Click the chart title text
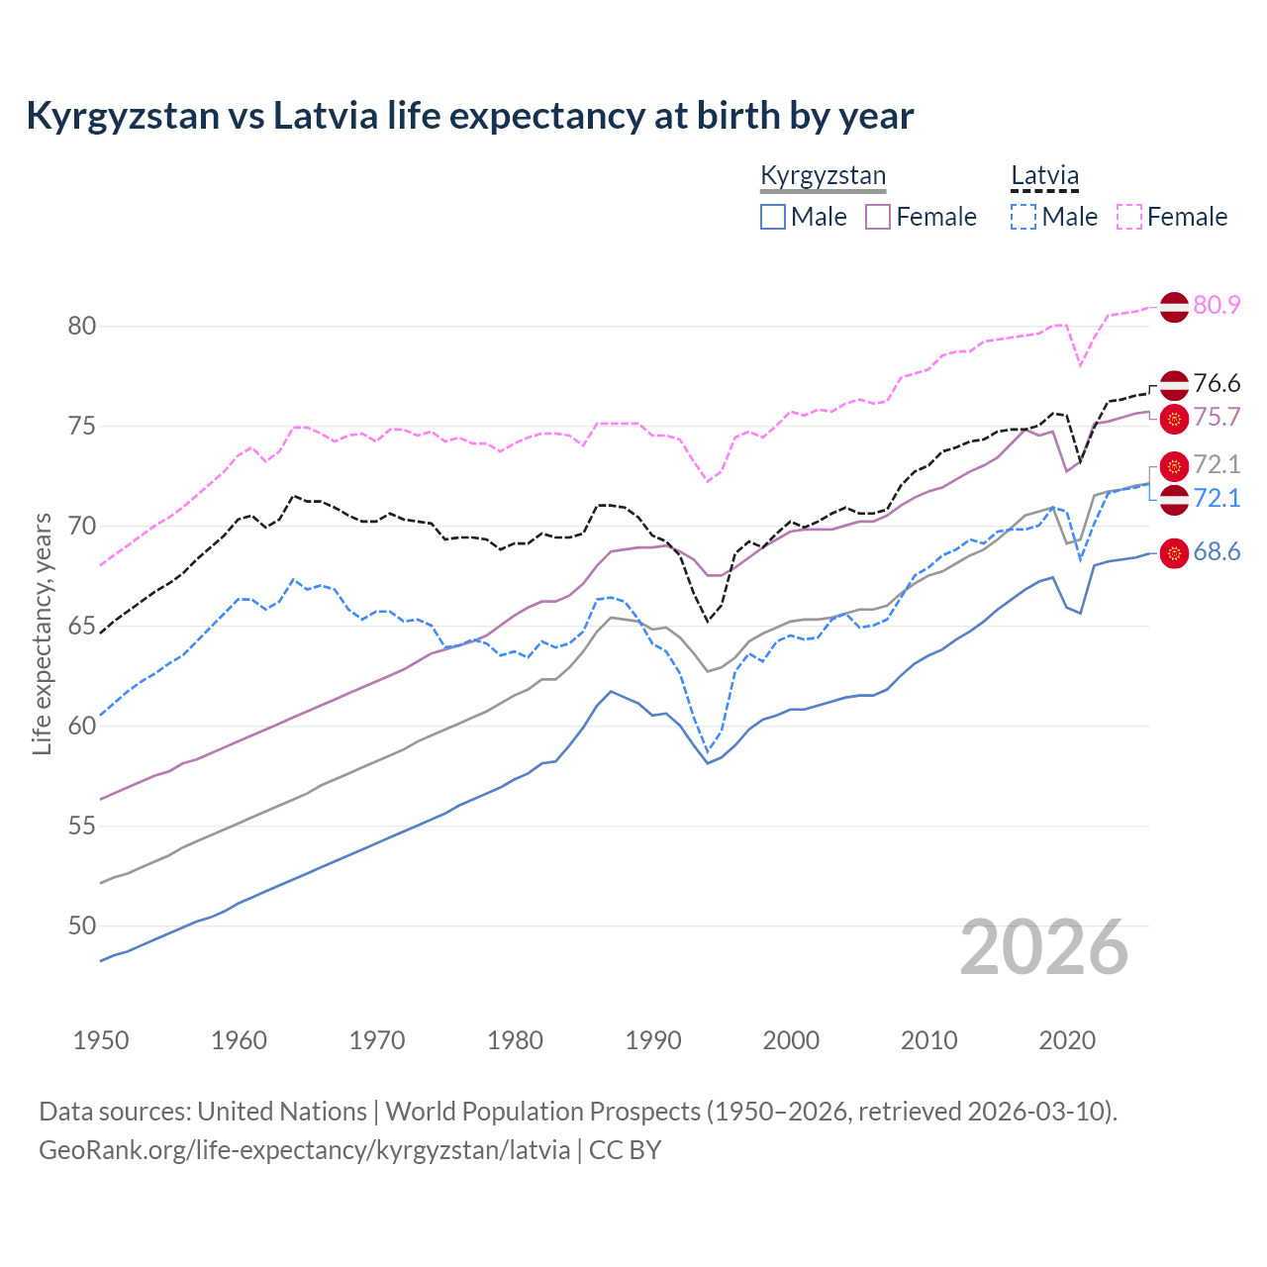tap(469, 116)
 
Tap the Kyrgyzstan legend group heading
tap(823, 176)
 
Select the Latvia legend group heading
tap(1044, 176)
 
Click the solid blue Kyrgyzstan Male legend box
tap(773, 217)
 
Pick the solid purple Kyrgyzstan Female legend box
tap(878, 217)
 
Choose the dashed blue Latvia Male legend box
tap(1023, 217)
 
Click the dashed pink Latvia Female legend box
tap(1129, 217)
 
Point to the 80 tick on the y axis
tap(82, 326)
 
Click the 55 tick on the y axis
tap(82, 826)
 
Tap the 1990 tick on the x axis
tap(653, 1040)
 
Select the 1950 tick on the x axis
tap(101, 1040)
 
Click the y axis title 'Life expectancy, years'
tap(42, 633)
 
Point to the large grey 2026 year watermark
tap(1044, 947)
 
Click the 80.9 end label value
tap(1217, 305)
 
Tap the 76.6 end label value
tap(1217, 383)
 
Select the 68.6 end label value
tap(1217, 552)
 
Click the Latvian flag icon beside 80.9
tap(1174, 306)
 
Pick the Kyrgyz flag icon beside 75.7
tap(1174, 419)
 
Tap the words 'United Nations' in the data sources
tap(282, 1112)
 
